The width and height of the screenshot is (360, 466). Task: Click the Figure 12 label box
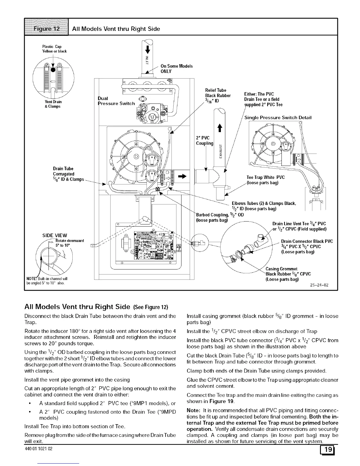tap(47, 29)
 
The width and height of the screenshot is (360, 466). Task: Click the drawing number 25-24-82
tap(319, 285)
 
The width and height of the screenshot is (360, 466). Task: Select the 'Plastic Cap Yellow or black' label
tap(54, 49)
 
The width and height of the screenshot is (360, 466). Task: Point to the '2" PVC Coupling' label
tap(204, 141)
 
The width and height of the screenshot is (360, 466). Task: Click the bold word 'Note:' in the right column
tap(194, 410)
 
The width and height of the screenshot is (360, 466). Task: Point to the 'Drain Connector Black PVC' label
tap(307, 241)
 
